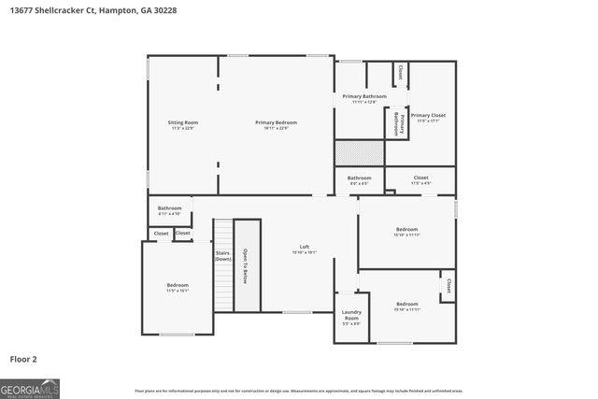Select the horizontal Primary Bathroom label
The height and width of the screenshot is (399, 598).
click(x=363, y=97)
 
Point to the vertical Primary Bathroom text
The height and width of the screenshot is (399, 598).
click(x=396, y=123)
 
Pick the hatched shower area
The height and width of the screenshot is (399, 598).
click(x=360, y=153)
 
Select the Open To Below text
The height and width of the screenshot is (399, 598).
click(x=246, y=266)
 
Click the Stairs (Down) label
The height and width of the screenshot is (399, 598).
click(x=223, y=254)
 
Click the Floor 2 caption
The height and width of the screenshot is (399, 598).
click(x=23, y=358)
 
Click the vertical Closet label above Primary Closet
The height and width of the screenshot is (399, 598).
click(x=401, y=72)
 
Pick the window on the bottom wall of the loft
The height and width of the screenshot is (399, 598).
click(x=297, y=312)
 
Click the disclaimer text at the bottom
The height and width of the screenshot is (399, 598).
click(x=298, y=391)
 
